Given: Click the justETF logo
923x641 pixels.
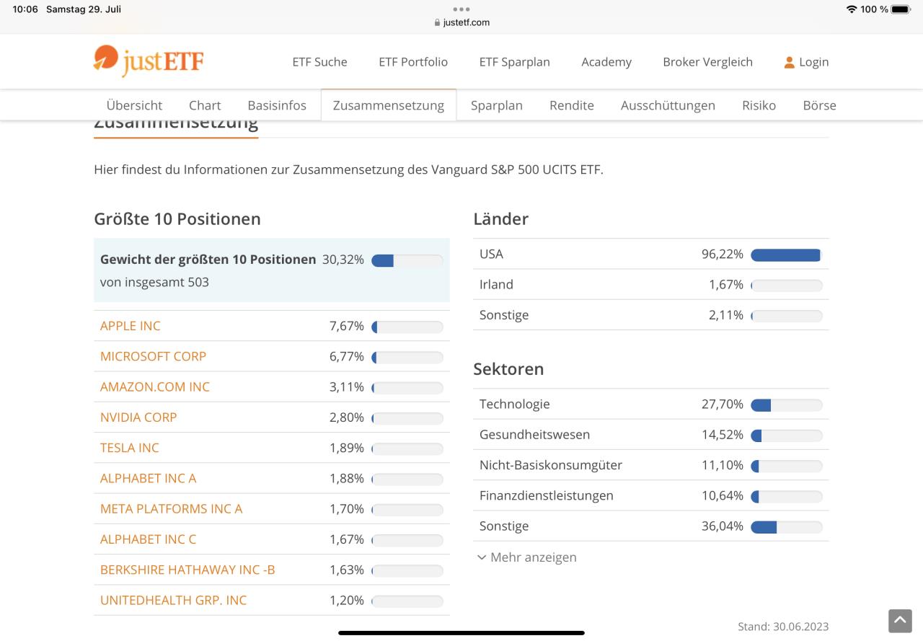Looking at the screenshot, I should pyautogui.click(x=149, y=61).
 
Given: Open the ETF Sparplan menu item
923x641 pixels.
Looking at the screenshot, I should pyautogui.click(x=514, y=62).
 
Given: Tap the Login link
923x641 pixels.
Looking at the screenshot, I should pyautogui.click(x=807, y=62).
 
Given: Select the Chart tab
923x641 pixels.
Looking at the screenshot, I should pyautogui.click(x=205, y=105).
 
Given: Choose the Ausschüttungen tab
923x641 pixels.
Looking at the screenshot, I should pyautogui.click(x=668, y=105).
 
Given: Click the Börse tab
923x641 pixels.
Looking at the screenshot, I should pyautogui.click(x=819, y=105).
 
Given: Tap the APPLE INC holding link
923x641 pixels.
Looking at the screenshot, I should pyautogui.click(x=131, y=326).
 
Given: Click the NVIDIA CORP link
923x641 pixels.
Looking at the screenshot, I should pyautogui.click(x=138, y=417).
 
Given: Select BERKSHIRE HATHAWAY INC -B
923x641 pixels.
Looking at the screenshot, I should pyautogui.click(x=187, y=570).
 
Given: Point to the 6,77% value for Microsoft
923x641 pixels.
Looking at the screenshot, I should pyautogui.click(x=347, y=356).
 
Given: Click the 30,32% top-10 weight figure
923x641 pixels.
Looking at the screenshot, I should pyautogui.click(x=343, y=260).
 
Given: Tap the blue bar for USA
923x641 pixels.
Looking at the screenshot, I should pyautogui.click(x=785, y=255).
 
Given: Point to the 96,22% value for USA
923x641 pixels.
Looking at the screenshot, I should pyautogui.click(x=723, y=255).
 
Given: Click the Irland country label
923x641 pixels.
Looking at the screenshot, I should pyautogui.click(x=496, y=285).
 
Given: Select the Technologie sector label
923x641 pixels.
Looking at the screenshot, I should pyautogui.click(x=514, y=405).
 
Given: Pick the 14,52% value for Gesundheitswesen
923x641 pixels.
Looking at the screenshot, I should pyautogui.click(x=723, y=435).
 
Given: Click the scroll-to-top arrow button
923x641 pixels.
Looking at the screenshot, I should pyautogui.click(x=900, y=621).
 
